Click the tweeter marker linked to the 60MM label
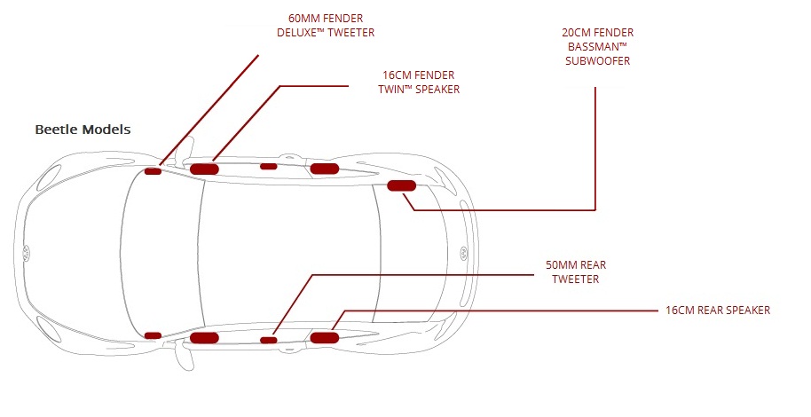pyautogui.click(x=153, y=171)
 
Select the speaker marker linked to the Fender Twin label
pyautogui.click(x=204, y=168)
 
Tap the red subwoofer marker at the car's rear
pyautogui.click(x=402, y=185)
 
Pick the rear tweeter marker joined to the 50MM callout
pyautogui.click(x=268, y=339)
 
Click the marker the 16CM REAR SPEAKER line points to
pyautogui.click(x=324, y=336)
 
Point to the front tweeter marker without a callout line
pyautogui.click(x=153, y=335)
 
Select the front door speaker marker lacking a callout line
pyautogui.click(x=204, y=337)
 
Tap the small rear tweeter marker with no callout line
pyautogui.click(x=268, y=166)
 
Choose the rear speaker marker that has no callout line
pyautogui.click(x=324, y=168)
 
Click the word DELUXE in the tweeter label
pyautogui.click(x=299, y=33)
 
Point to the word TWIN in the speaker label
pyautogui.click(x=398, y=90)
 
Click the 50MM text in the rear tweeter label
pyautogui.click(x=562, y=264)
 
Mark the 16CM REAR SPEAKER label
pyautogui.click(x=717, y=311)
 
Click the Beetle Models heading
pyautogui.click(x=83, y=130)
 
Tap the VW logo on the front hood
pyautogui.click(x=27, y=252)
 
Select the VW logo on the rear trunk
pyautogui.click(x=462, y=252)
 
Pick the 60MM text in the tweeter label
pyautogui.click(x=304, y=19)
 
